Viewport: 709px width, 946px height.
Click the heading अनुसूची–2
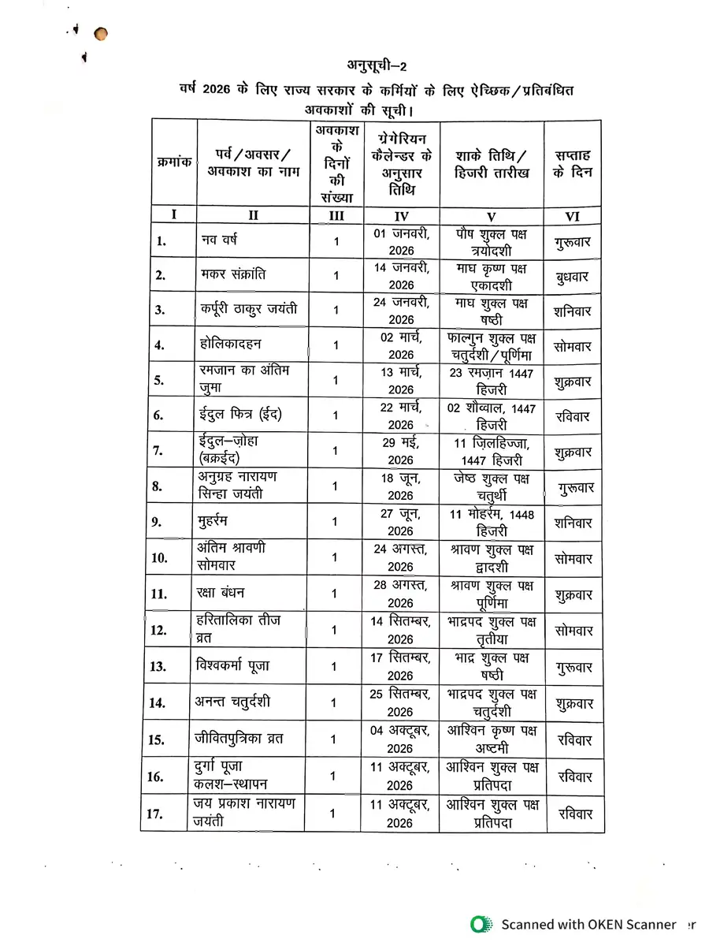(379, 65)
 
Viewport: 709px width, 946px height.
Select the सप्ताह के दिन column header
(573, 163)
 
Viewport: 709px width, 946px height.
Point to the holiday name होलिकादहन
(231, 345)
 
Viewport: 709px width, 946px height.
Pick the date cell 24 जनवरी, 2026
(400, 310)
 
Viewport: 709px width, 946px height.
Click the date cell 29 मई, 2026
(400, 451)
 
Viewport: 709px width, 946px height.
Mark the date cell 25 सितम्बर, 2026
(400, 702)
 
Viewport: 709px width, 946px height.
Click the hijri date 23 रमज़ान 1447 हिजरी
(492, 381)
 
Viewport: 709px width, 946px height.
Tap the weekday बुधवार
(573, 277)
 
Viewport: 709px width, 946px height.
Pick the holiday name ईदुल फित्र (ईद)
(239, 415)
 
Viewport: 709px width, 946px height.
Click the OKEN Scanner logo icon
(478, 924)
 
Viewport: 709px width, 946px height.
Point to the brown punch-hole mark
(100, 34)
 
